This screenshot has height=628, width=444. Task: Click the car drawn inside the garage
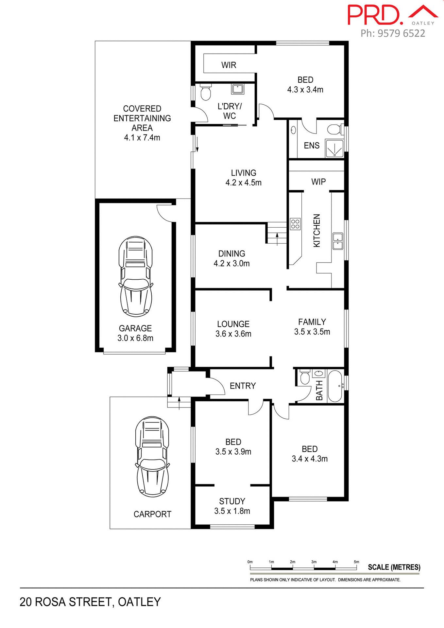pyautogui.click(x=135, y=276)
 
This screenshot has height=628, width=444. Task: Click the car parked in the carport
pyautogui.click(x=152, y=457)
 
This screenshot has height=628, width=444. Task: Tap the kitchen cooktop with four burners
pyautogui.click(x=295, y=224)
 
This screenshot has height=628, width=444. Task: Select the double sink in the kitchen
pyautogui.click(x=338, y=241)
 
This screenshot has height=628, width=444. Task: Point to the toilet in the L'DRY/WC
pyautogui.click(x=205, y=93)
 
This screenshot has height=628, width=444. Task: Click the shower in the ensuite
pyautogui.click(x=334, y=148)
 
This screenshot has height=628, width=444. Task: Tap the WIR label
pyautogui.click(x=229, y=65)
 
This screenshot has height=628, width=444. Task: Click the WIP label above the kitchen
pyautogui.click(x=318, y=182)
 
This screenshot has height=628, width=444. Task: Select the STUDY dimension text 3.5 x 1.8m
pyautogui.click(x=232, y=511)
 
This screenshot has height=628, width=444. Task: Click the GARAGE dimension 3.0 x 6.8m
pyautogui.click(x=135, y=338)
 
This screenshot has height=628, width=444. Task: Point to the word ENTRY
pyautogui.click(x=243, y=386)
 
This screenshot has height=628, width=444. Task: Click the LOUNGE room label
pyautogui.click(x=233, y=324)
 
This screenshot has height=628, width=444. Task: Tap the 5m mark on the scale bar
pyautogui.click(x=356, y=562)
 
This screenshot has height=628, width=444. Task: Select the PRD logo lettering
pyautogui.click(x=374, y=15)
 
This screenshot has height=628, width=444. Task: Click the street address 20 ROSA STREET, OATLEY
pyautogui.click(x=90, y=602)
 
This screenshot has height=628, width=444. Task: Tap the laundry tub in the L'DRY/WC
pyautogui.click(x=237, y=89)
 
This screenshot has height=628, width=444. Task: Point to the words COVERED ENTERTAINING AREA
pyautogui.click(x=142, y=118)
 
